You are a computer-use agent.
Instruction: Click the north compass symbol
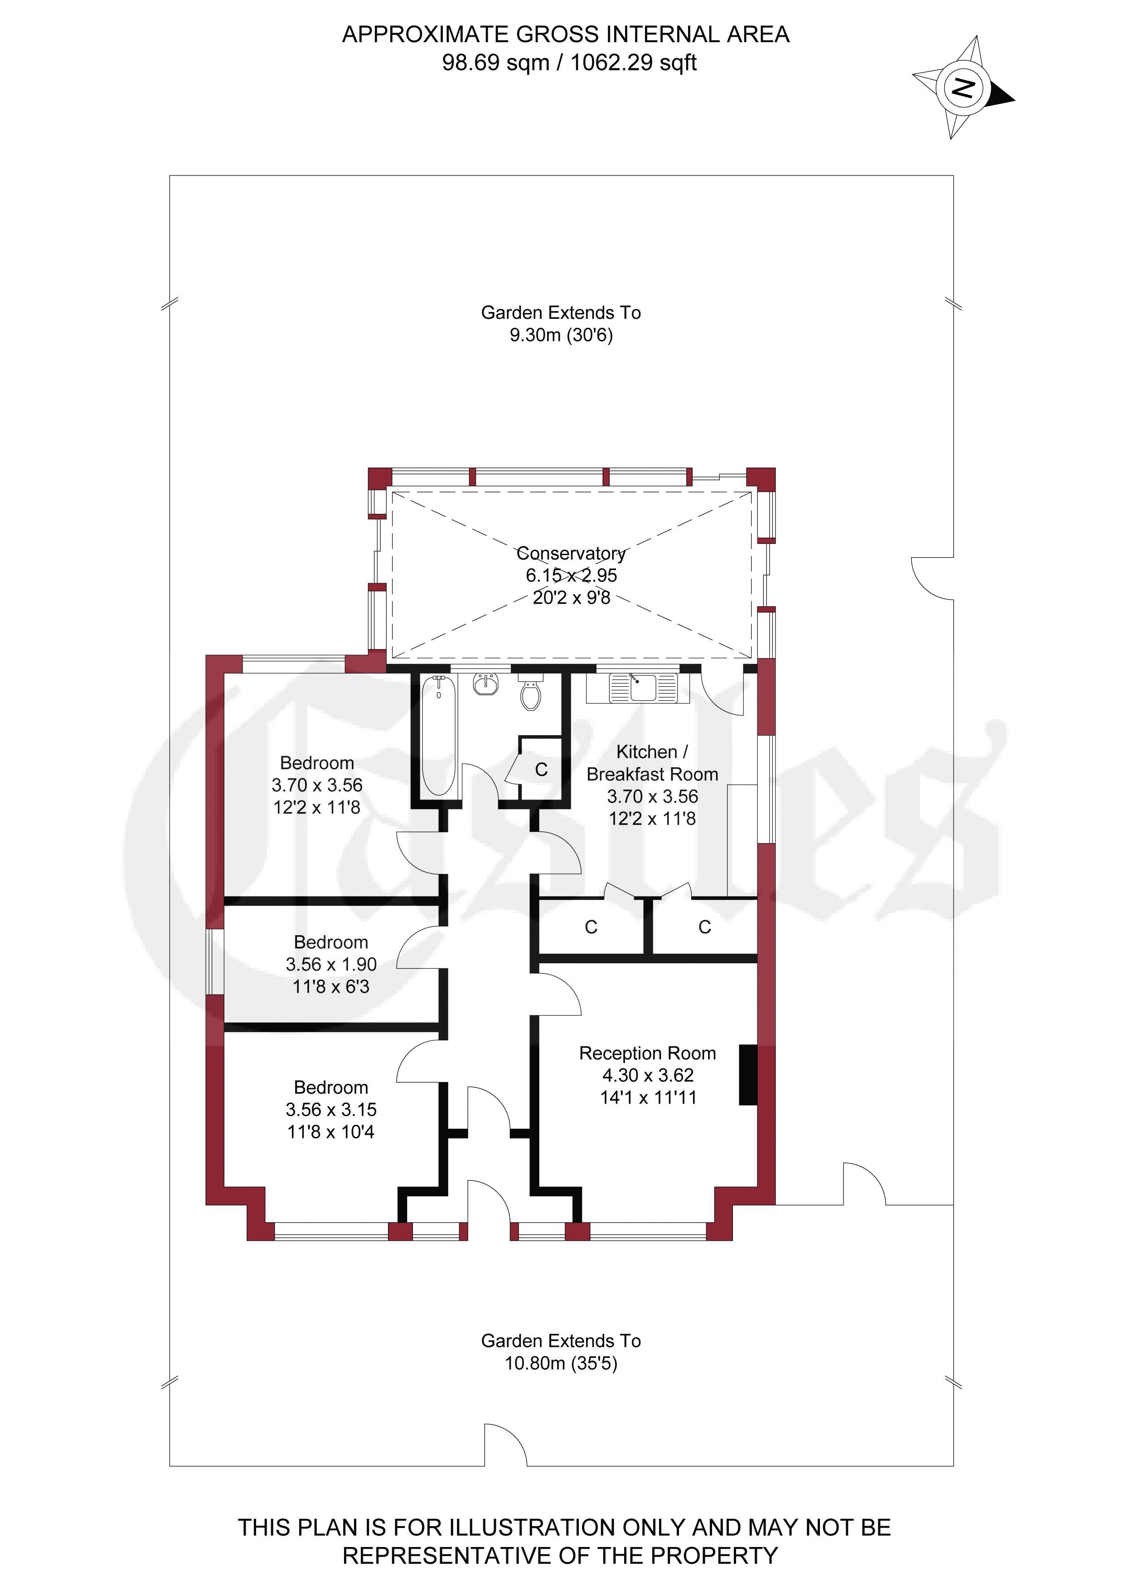pyautogui.click(x=962, y=88)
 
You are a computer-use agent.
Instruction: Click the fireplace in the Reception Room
pyautogui.click(x=748, y=1074)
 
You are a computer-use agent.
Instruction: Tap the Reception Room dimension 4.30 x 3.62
pyautogui.click(x=648, y=1075)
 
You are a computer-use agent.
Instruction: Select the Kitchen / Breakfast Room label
pyautogui.click(x=652, y=762)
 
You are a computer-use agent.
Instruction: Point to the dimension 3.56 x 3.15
pyautogui.click(x=331, y=1109)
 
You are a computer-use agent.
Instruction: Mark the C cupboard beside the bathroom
pyautogui.click(x=541, y=769)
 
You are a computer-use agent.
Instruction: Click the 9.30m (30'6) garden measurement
pyautogui.click(x=561, y=335)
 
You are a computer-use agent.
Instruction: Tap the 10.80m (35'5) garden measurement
pyautogui.click(x=561, y=1363)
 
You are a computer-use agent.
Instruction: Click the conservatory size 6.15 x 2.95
pyautogui.click(x=571, y=575)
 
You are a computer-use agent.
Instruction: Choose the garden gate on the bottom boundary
pyautogui.click(x=506, y=1445)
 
